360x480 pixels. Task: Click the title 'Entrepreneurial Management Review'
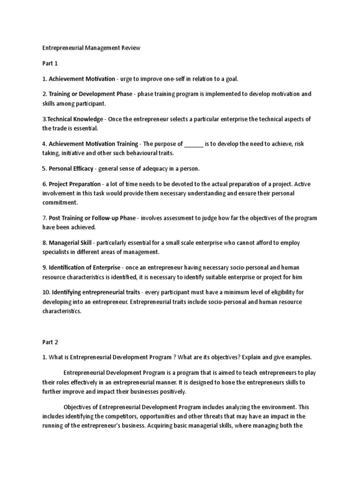point(91,48)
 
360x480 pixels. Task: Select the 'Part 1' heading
point(50,63)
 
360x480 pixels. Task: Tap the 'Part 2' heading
point(50,342)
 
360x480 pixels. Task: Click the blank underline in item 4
point(194,144)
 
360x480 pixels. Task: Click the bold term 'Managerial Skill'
point(71,243)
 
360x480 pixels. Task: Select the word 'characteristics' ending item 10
point(61,311)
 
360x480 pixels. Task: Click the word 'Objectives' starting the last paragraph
point(79,407)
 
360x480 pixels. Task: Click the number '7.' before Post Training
point(45,218)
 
